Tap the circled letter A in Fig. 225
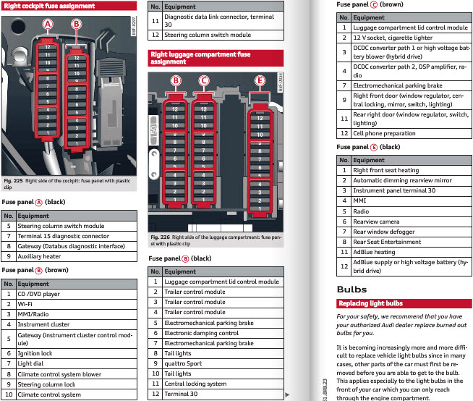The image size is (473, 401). coord(48,24)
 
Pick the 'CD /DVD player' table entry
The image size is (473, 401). coord(38,295)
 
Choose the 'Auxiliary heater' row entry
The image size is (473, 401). coord(39,256)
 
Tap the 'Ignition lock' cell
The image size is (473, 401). coord(35,353)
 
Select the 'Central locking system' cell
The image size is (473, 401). coord(195,384)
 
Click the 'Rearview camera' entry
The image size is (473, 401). coord(378,221)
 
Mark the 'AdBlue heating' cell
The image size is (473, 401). coord(374,252)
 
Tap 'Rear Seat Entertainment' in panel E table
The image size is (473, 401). coord(386,242)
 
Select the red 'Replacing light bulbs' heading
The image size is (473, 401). coord(371,303)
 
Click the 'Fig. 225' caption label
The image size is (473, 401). coord(12,180)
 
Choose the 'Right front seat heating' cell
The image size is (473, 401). coord(387,171)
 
